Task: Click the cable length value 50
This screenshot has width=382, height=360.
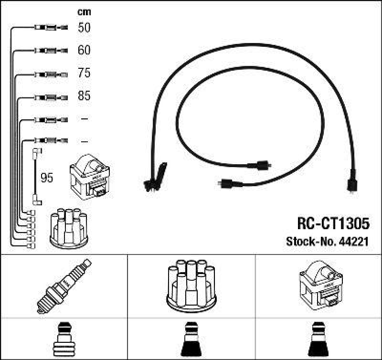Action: pos(84,28)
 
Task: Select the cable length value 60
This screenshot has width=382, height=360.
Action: pos(84,50)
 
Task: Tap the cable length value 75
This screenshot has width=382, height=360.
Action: pos(84,73)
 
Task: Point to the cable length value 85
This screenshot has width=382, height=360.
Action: pos(84,96)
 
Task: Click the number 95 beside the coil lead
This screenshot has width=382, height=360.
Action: pos(47,178)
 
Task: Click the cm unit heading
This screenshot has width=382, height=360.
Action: pos(84,12)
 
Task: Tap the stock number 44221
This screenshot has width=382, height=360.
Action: pos(355,242)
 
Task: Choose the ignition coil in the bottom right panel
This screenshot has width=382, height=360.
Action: pos(318,286)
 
